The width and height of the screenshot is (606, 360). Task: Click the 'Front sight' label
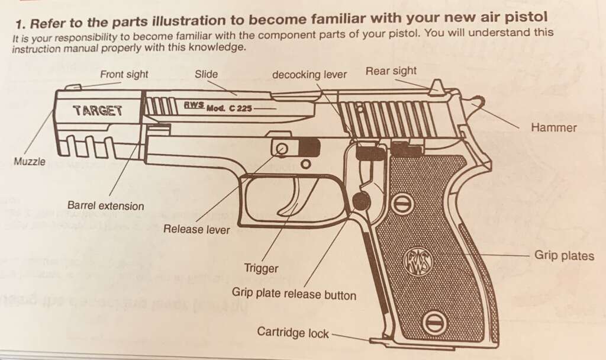124,74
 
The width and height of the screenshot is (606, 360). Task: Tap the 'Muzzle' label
30,161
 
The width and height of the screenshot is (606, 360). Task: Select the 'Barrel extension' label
105,205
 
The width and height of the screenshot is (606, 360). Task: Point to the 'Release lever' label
196,229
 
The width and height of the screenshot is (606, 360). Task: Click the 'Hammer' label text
553,128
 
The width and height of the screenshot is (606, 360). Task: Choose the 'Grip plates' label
564,256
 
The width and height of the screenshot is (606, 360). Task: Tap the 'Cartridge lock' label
292,333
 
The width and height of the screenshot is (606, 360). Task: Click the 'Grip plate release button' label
294,294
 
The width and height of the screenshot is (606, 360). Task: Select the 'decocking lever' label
309,75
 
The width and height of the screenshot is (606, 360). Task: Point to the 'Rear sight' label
391,71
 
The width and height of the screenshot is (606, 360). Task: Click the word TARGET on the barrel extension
98,111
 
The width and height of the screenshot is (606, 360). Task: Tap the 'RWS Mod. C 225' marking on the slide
218,107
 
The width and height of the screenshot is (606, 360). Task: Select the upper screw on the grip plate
404,204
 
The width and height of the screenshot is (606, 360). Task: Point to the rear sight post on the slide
436,86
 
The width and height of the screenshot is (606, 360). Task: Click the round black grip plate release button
362,201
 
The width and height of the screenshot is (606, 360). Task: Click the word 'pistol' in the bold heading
528,17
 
